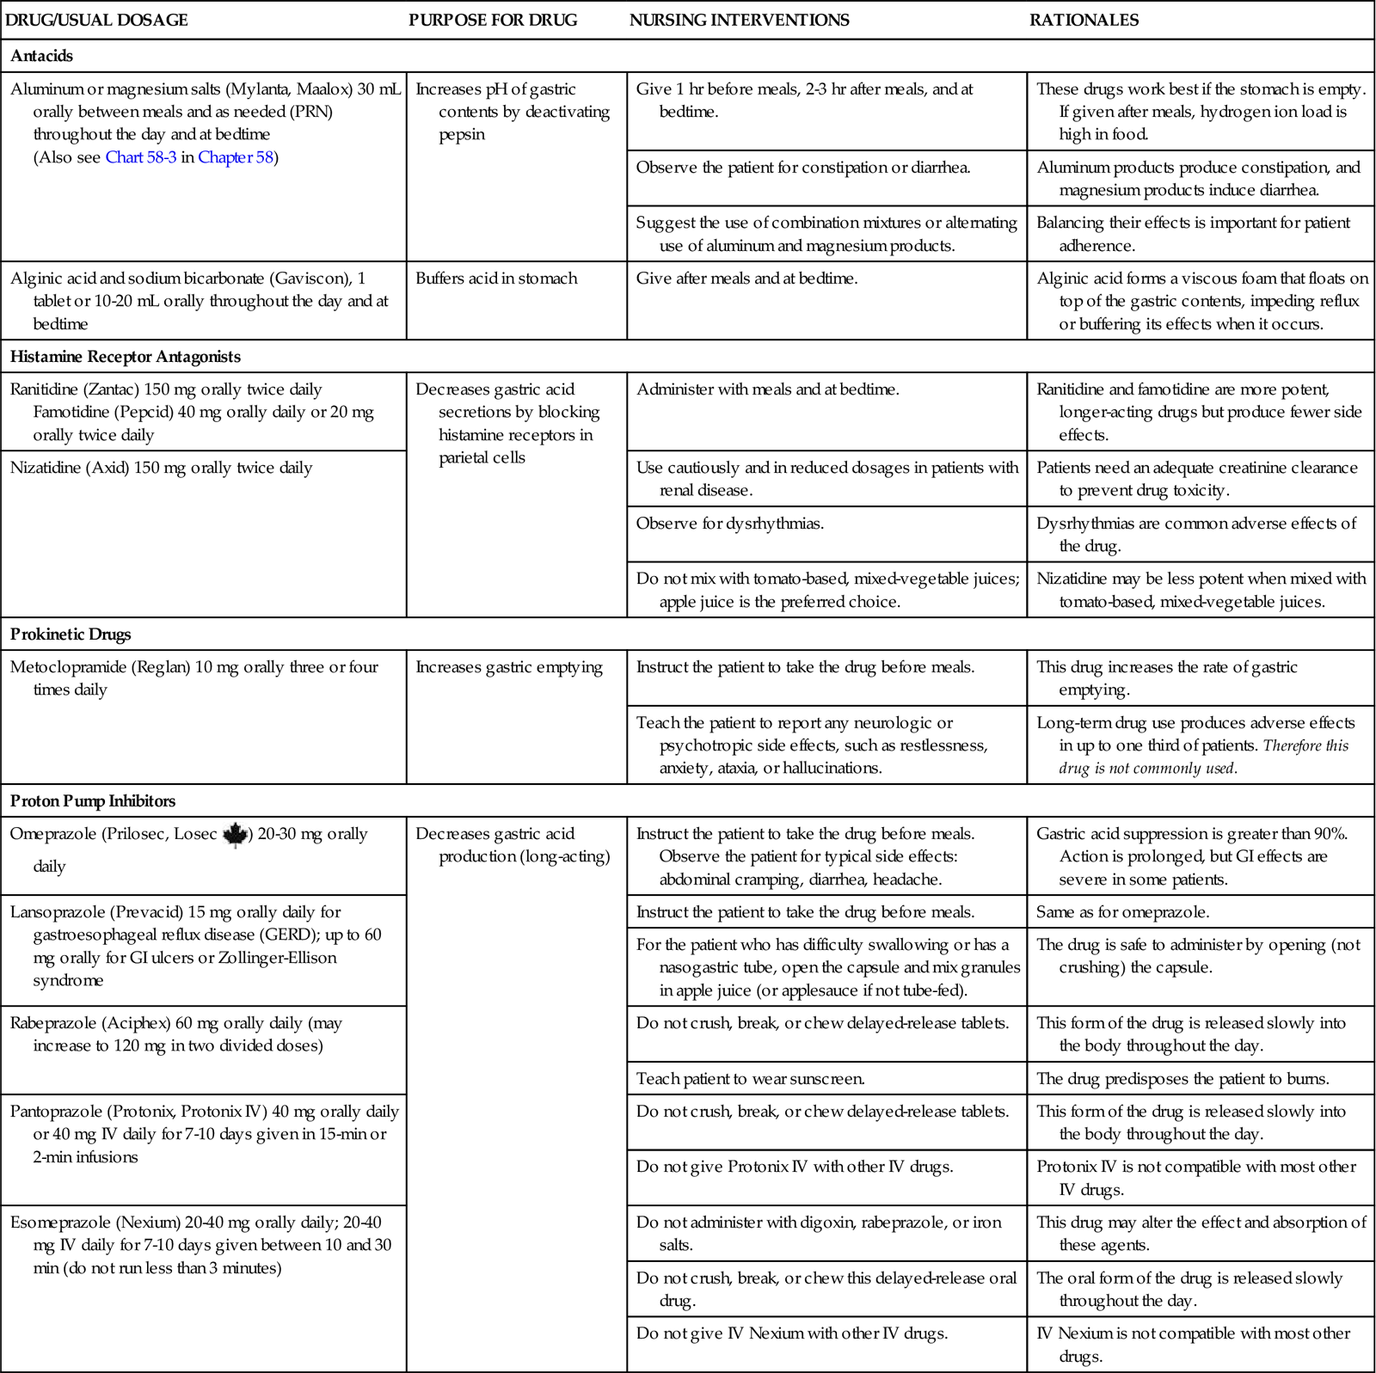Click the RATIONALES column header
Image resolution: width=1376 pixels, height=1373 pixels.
[1084, 20]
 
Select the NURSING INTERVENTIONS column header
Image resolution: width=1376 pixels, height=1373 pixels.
[739, 20]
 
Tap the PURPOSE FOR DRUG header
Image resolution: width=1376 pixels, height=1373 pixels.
[493, 20]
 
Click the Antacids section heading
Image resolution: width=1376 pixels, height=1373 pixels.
[41, 56]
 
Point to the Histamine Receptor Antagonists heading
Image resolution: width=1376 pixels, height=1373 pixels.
[126, 357]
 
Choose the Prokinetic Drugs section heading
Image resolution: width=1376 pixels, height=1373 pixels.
[71, 634]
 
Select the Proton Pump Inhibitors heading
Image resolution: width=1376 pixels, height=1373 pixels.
[93, 801]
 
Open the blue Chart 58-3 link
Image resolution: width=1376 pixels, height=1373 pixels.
[141, 157]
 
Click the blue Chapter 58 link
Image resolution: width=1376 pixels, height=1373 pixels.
[236, 157]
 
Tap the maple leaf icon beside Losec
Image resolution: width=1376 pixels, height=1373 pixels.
[235, 835]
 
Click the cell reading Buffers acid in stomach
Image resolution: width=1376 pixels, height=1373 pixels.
[496, 279]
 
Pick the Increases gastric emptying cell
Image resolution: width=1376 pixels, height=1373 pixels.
[509, 667]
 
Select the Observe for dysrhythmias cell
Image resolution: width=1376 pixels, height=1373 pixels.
[730, 524]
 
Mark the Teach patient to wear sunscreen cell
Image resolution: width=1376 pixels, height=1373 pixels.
[750, 1078]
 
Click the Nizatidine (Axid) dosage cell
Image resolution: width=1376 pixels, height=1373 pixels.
[161, 468]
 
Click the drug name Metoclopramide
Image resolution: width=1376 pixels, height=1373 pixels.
[68, 667]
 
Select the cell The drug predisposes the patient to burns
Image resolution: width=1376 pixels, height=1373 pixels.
[1182, 1078]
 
